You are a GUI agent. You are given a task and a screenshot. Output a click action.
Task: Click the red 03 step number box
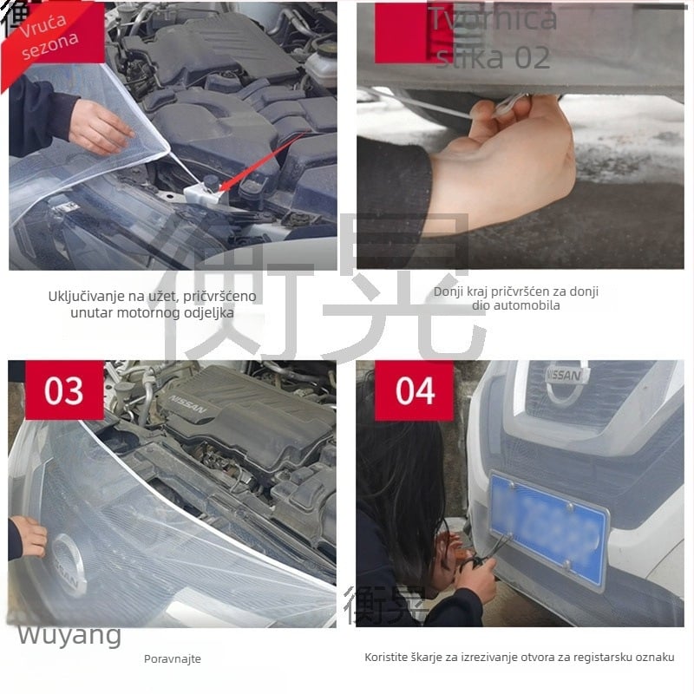(63, 390)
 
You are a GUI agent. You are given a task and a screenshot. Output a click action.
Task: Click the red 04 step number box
(415, 390)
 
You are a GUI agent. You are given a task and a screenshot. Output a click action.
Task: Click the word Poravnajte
(172, 659)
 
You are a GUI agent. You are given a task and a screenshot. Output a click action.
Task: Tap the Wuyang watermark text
(69, 635)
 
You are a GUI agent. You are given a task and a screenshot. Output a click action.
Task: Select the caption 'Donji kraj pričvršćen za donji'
(516, 292)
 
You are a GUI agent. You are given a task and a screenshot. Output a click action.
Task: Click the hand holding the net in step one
(100, 127)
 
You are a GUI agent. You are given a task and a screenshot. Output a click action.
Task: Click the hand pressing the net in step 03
(29, 536)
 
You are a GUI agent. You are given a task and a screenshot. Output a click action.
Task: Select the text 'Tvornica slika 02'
(493, 38)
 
